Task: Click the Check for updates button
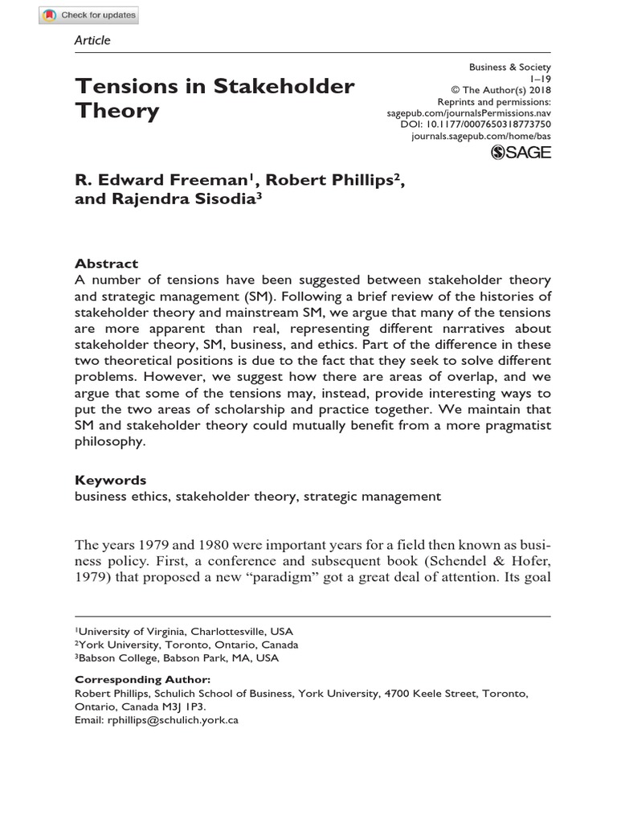pos(89,15)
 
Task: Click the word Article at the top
pos(92,40)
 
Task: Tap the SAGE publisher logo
pos(521,152)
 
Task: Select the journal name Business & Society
pos(511,68)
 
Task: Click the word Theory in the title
pos(117,111)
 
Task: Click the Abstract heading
pos(106,264)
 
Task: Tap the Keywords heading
pos(111,480)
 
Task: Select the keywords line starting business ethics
pos(258,496)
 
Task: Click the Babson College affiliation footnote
pos(178,657)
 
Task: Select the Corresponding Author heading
pos(143,679)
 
